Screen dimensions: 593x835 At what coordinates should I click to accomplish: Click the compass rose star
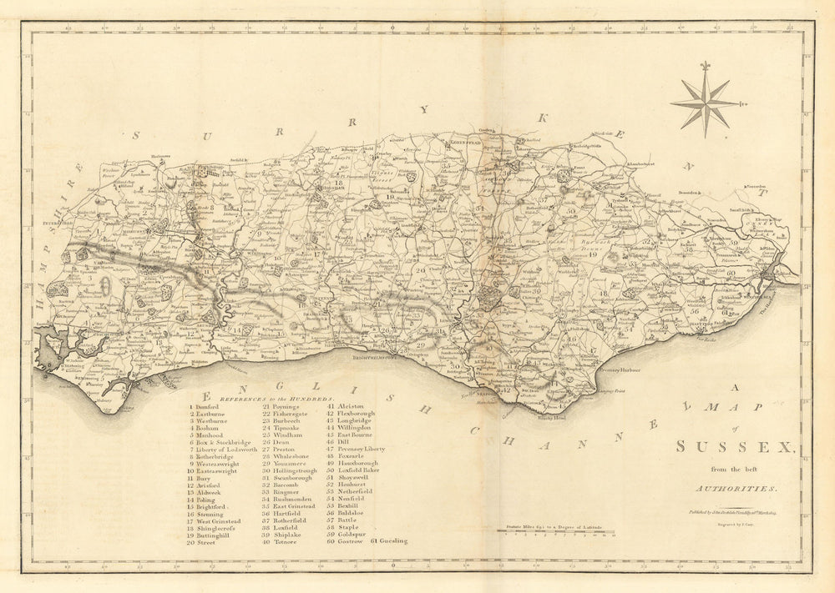tap(706, 102)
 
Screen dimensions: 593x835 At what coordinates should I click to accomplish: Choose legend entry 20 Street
tap(203, 542)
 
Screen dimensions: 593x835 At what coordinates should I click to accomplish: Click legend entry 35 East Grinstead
tap(289, 506)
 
